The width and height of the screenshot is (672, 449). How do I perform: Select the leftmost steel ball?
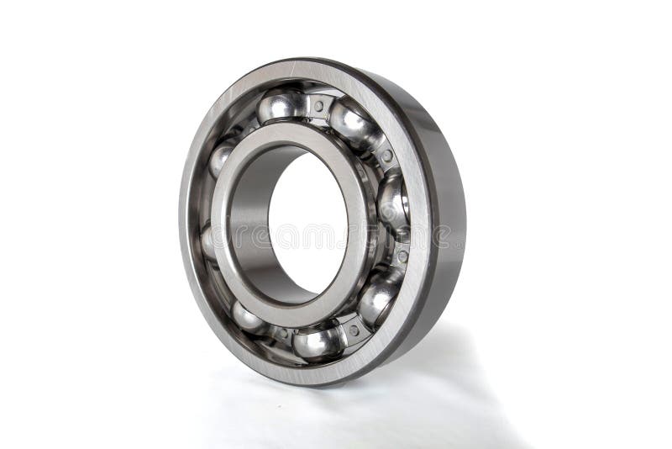point(207,242)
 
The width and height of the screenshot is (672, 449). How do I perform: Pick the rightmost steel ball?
point(392,202)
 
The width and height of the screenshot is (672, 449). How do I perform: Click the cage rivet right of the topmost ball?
point(319,106)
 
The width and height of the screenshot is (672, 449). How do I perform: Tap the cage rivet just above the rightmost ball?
point(386,156)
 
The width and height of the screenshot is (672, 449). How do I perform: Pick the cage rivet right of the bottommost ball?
point(354,330)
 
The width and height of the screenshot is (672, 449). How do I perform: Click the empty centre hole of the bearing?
point(307,223)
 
